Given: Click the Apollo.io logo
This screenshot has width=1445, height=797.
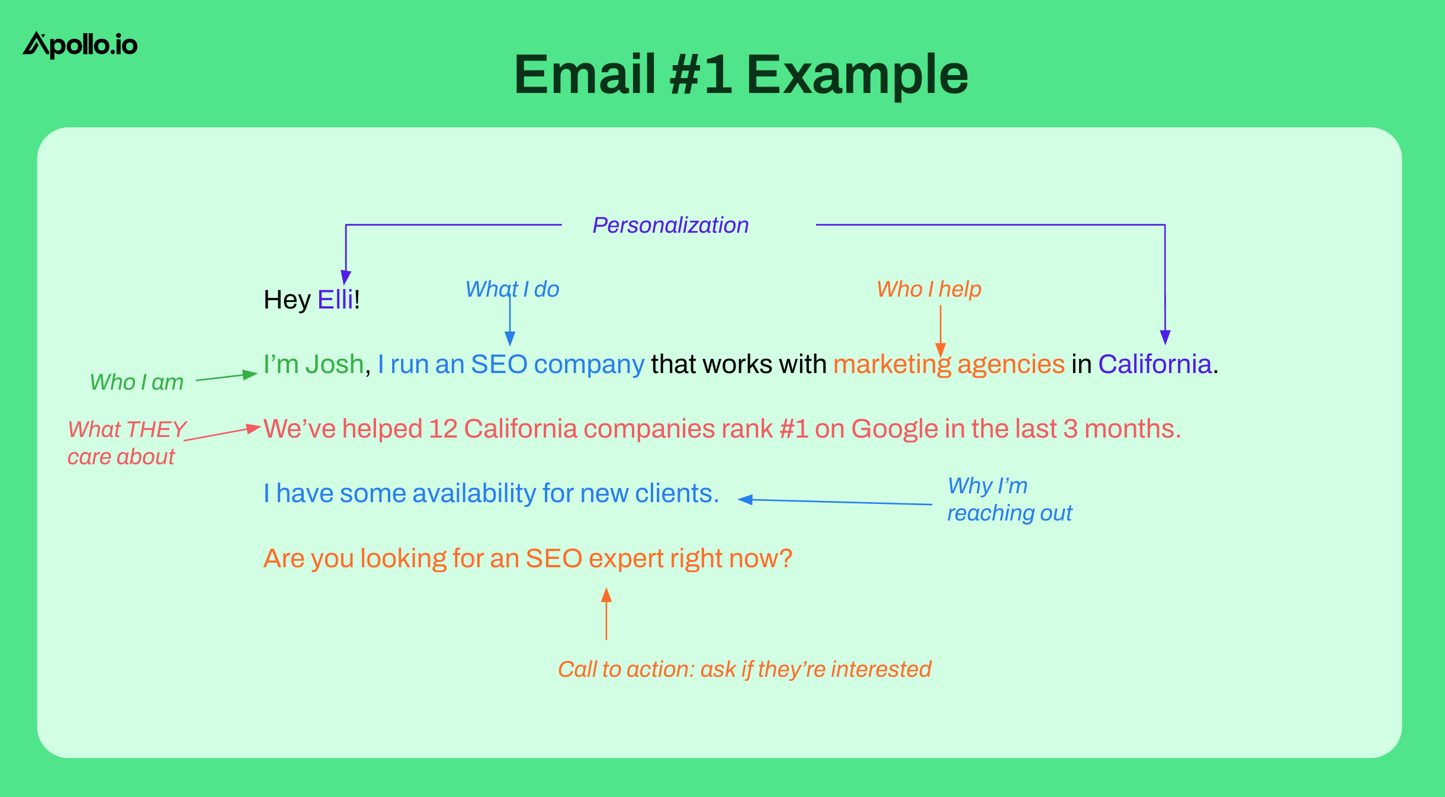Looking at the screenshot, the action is (80, 45).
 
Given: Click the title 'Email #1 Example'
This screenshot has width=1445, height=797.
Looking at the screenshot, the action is (741, 75).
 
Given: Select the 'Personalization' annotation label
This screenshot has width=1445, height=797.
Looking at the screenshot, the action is (670, 226).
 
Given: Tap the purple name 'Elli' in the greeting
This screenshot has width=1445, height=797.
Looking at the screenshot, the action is (335, 300).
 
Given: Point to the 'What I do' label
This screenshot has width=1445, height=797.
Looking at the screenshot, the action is (512, 289).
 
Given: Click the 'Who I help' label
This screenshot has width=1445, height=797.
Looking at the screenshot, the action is (929, 289).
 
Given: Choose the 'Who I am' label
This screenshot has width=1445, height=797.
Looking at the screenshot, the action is (137, 382).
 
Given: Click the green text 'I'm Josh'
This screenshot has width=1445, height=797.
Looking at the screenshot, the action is (313, 364).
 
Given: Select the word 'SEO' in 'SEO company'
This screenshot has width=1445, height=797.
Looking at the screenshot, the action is (499, 364).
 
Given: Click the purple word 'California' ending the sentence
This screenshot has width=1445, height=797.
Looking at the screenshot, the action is (1155, 364).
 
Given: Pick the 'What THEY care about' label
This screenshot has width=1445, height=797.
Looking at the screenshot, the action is (127, 443).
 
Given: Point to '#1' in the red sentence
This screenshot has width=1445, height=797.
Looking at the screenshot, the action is (794, 429).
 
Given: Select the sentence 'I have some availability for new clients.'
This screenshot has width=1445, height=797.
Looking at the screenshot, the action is (491, 494).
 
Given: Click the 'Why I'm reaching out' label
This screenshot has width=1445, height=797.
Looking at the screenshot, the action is (1010, 499).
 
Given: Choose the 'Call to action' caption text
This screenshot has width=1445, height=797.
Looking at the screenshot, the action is (744, 670).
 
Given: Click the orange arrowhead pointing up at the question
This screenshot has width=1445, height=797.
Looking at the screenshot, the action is (606, 594).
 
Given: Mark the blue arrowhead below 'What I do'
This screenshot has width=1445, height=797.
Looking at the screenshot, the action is (510, 339).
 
